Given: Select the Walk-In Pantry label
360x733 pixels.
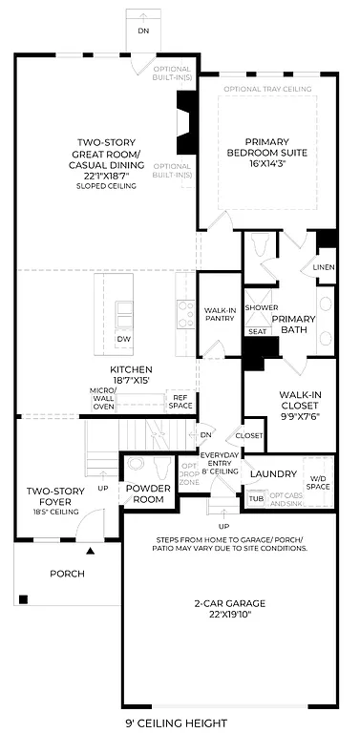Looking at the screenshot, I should click(x=219, y=316).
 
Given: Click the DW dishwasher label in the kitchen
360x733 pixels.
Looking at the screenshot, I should click(x=124, y=340).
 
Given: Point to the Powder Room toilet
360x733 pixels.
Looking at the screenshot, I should click(x=136, y=466).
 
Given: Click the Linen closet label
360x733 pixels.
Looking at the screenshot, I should click(x=325, y=268).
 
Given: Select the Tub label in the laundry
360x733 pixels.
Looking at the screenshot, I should click(x=256, y=498).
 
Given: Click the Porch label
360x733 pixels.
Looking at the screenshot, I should click(x=67, y=574).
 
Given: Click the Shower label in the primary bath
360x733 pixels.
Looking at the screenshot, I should click(x=260, y=307).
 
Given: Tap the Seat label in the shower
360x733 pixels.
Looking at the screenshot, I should click(x=257, y=331).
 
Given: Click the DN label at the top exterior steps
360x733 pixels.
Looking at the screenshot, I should click(x=142, y=31).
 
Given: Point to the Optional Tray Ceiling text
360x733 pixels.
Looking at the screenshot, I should click(x=267, y=89).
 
